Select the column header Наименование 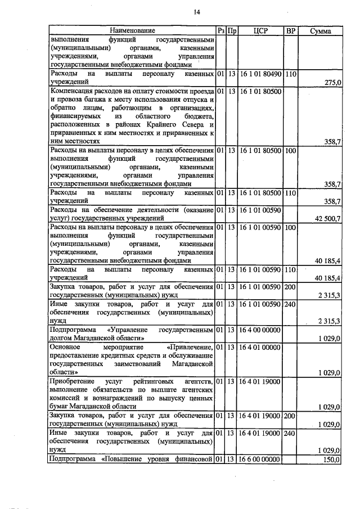(x=132, y=30)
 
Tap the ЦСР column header (x=260, y=30)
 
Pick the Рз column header (x=221, y=30)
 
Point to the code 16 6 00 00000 (x=260, y=460)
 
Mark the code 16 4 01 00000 (x=260, y=348)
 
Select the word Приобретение (x=73, y=382)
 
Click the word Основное (x=66, y=348)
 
